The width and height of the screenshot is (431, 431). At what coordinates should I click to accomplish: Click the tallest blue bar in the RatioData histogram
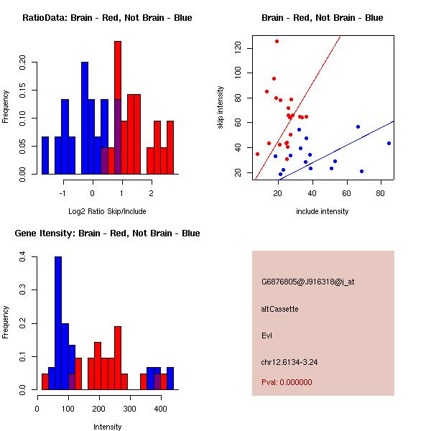click(x=85, y=119)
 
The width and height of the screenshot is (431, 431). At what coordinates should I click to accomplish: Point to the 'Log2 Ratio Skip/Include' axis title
click(x=107, y=211)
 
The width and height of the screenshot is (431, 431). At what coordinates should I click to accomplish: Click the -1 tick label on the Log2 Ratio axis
click(x=63, y=193)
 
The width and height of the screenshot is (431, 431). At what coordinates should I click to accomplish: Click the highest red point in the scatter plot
click(x=277, y=42)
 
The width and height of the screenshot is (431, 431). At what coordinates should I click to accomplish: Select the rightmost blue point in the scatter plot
click(x=389, y=143)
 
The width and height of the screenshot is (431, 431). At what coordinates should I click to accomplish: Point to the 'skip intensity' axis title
click(x=221, y=108)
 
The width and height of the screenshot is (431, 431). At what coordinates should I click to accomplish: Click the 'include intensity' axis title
click(x=323, y=211)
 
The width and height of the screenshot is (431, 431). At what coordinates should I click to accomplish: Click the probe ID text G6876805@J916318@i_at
click(x=307, y=282)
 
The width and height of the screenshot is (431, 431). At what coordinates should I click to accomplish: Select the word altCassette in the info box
click(x=279, y=309)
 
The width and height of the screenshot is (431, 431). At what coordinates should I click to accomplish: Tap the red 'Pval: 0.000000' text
click(x=287, y=382)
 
